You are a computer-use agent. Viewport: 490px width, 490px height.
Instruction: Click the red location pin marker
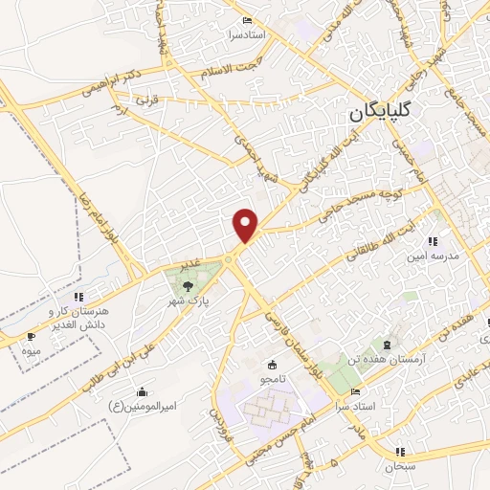[247, 224]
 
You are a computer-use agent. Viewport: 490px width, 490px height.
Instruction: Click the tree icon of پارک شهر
[187, 284]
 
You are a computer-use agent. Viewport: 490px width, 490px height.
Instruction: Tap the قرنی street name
[145, 100]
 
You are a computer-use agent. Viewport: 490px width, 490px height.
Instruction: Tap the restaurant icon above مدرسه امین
[433, 242]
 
